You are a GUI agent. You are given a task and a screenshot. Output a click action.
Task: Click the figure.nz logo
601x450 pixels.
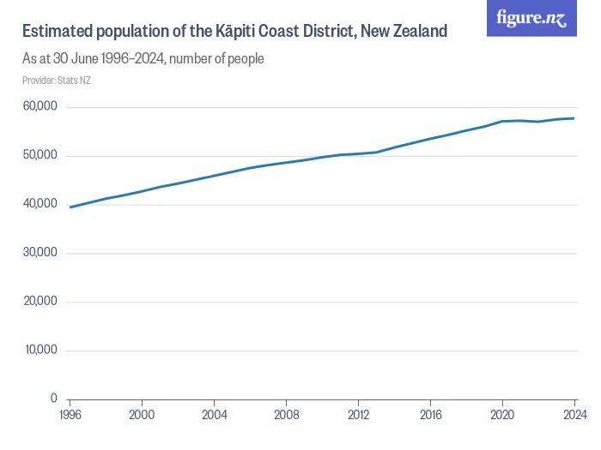click(x=531, y=19)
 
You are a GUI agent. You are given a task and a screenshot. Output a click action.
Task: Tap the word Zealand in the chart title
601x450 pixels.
click(x=418, y=32)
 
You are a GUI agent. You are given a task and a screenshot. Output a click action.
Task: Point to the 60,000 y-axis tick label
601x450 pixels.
click(x=39, y=106)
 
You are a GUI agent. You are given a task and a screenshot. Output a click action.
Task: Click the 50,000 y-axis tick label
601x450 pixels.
click(x=39, y=155)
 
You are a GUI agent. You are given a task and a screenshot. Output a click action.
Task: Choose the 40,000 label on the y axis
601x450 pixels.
click(x=39, y=204)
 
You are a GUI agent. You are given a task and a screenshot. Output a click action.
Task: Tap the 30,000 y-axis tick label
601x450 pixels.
click(x=39, y=253)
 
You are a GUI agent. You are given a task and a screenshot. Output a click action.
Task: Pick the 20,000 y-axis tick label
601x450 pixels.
click(x=39, y=301)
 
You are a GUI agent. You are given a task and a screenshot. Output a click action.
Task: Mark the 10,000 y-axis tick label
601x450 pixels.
click(x=39, y=350)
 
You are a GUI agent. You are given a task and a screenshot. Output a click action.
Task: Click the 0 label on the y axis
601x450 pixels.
click(x=52, y=399)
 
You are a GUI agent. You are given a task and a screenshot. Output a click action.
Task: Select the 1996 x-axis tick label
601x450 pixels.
click(x=70, y=415)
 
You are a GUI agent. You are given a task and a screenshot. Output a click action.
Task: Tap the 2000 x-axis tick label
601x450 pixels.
click(x=142, y=415)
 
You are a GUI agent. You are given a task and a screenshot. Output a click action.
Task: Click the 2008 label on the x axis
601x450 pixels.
click(x=286, y=415)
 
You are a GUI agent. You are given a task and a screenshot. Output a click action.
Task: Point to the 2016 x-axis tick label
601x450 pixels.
click(x=429, y=415)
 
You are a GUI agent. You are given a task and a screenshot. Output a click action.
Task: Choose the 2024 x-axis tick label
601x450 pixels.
click(x=573, y=415)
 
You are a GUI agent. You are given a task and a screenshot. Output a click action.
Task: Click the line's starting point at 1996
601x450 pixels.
click(x=70, y=207)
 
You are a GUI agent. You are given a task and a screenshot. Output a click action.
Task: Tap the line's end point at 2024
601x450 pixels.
click(x=574, y=118)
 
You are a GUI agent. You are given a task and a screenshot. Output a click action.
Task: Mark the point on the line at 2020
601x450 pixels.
click(x=501, y=121)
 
